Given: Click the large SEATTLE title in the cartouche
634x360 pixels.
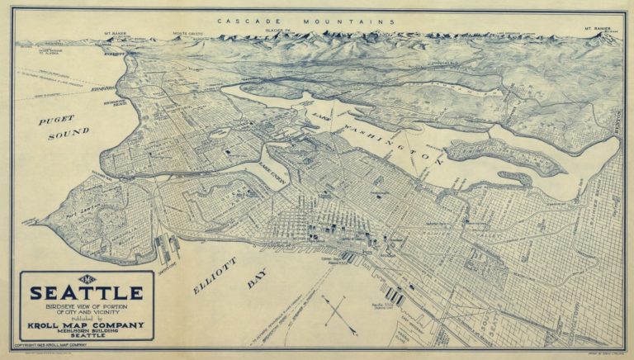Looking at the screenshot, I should [x=87, y=293].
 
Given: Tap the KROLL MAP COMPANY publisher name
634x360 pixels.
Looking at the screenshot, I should [x=87, y=324].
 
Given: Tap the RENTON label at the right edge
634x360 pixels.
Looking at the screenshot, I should [x=620, y=120].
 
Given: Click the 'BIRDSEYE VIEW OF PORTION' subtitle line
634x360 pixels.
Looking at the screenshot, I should [x=87, y=306].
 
